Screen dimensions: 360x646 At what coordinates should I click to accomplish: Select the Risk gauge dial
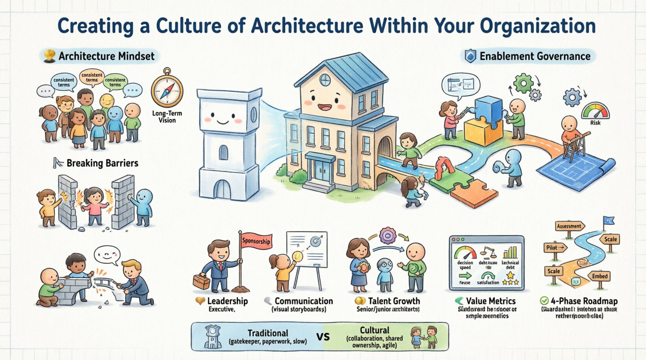(595, 111)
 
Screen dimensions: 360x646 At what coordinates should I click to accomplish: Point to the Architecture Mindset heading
(106, 56)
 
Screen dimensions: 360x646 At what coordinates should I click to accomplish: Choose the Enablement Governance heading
(535, 56)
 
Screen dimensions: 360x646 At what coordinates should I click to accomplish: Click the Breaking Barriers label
(102, 163)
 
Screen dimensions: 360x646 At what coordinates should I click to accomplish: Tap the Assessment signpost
(569, 226)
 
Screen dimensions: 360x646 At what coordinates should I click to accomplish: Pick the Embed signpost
(599, 276)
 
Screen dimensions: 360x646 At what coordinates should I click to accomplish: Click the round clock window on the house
(325, 80)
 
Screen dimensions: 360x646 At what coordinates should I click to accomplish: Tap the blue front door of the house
(322, 171)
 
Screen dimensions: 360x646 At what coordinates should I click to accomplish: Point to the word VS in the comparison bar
(323, 336)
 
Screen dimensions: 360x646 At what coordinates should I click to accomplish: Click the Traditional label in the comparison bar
(268, 333)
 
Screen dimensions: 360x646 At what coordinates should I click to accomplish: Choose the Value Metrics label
(491, 301)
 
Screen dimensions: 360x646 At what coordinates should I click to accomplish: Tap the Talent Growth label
(394, 301)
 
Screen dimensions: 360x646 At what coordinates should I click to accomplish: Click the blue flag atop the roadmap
(609, 221)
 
